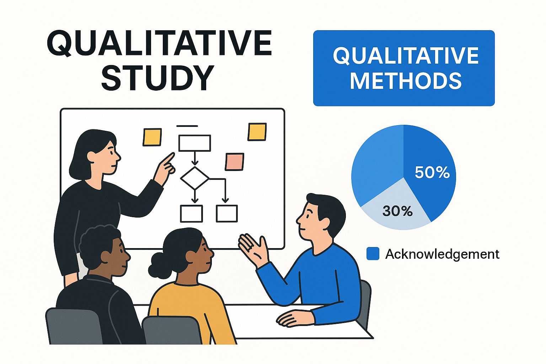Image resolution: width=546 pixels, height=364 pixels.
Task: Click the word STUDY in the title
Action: point(158,77)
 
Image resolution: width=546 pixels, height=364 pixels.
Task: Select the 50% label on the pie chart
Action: point(432,172)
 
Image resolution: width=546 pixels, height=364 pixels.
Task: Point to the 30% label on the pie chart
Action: point(397,211)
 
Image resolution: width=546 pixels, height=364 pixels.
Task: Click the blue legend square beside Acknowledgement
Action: point(373,253)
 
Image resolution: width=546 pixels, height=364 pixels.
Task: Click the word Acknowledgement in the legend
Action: point(443,254)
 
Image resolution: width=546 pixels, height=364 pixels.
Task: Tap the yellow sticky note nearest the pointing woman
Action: point(152,137)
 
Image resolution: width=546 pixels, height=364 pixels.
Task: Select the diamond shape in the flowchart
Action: point(195,178)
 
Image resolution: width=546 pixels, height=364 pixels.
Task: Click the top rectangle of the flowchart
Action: point(194,143)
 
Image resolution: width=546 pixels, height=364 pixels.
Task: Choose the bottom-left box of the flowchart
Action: point(191,214)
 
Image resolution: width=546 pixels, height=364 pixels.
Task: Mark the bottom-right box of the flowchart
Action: point(227,214)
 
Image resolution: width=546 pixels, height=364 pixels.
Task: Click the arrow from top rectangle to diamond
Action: point(194,159)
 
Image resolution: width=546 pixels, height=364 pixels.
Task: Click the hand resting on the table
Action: point(294,318)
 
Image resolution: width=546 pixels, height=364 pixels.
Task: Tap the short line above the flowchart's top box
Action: point(187,126)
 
